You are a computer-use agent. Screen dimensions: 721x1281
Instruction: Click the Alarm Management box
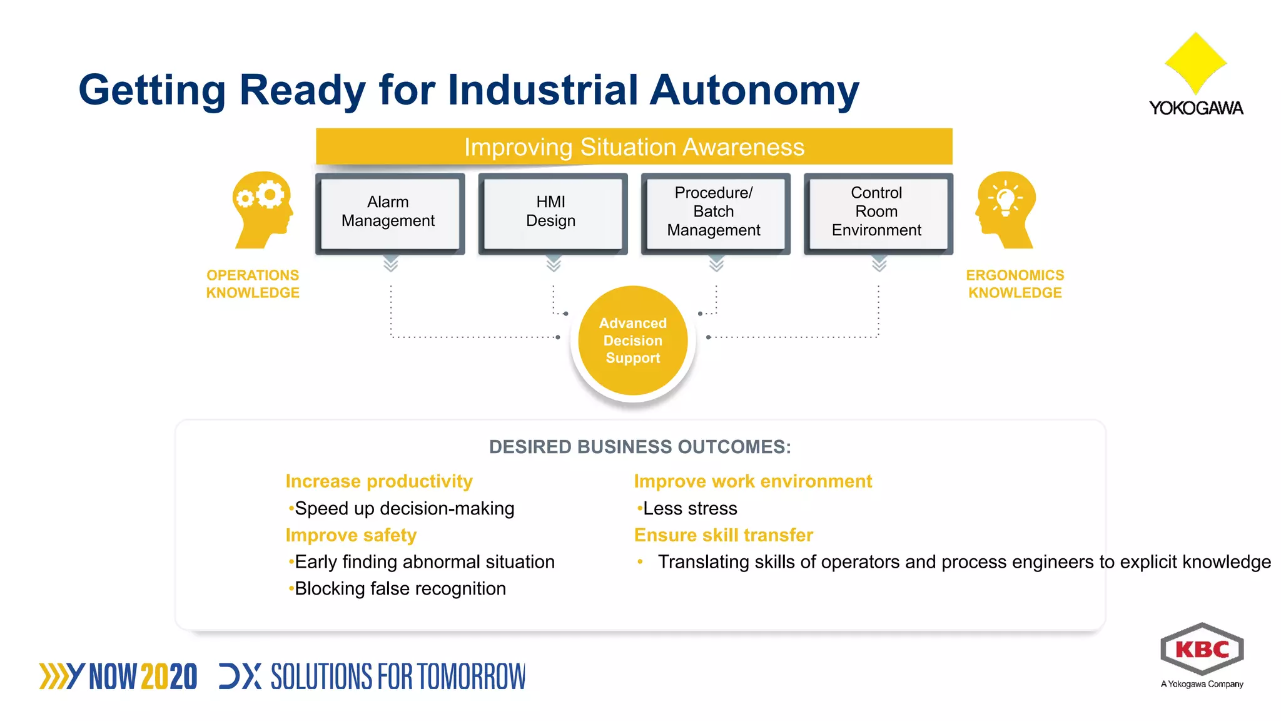pos(389,213)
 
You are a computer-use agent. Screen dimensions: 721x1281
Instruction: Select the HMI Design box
pos(552,213)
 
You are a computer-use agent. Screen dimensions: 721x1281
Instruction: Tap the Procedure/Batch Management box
pos(714,213)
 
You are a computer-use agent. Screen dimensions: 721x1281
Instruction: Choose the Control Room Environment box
pos(877,213)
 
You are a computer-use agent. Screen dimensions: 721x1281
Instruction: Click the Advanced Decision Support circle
pos(632,341)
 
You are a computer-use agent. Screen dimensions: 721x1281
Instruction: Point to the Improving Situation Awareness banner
pos(634,147)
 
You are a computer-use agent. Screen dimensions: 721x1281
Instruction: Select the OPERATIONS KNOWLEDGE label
pos(253,284)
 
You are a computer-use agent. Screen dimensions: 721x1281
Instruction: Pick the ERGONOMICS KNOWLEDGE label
pos(1015,284)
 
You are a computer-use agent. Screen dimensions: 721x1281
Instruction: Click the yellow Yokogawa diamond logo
pos(1195,63)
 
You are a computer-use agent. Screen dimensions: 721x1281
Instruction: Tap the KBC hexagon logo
pos(1202,649)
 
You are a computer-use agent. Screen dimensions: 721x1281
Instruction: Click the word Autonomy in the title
pos(754,91)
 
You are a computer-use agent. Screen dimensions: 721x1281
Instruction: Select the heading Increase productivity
pos(379,481)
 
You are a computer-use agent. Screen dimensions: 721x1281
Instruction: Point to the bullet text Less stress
pos(689,509)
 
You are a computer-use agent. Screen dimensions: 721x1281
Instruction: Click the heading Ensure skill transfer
pos(723,535)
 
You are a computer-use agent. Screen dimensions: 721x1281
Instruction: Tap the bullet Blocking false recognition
pos(400,589)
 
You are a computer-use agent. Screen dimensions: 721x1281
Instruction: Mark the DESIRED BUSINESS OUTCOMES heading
pos(640,447)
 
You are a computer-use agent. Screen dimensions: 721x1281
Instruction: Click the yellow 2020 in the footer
pos(169,677)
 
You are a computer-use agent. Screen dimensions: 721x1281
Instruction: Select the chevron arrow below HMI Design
pos(553,264)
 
